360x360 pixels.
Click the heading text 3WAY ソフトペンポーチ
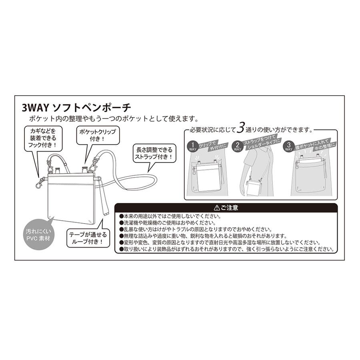click(76, 108)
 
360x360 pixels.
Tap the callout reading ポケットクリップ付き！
click(98, 135)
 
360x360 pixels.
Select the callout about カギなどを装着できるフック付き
click(43, 138)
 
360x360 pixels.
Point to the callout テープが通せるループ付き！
click(88, 238)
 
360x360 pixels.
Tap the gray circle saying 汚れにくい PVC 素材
click(38, 235)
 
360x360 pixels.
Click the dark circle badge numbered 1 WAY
click(193, 146)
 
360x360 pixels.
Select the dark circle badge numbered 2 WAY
click(237, 146)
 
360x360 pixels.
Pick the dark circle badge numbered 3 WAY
click(288, 146)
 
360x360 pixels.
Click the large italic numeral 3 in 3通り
click(240, 128)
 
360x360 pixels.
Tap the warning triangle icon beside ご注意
click(216, 208)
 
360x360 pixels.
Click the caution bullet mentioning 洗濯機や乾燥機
click(168, 223)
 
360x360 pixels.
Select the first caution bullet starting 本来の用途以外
click(170, 216)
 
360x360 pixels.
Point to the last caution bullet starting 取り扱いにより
click(227, 249)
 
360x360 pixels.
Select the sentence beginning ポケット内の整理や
click(114, 119)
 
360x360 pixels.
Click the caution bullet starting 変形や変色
click(220, 243)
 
